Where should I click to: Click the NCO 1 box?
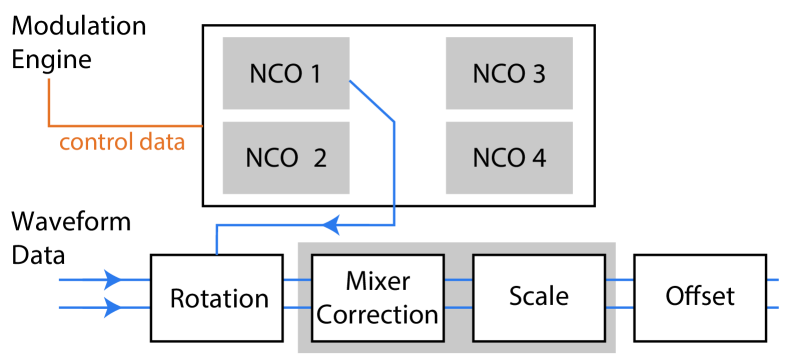pyautogui.click(x=285, y=73)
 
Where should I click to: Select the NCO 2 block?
pyautogui.click(x=285, y=158)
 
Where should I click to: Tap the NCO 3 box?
pyautogui.click(x=508, y=73)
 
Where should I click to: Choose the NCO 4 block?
pyautogui.click(x=508, y=158)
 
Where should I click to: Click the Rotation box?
pyautogui.click(x=218, y=298)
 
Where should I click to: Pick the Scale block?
pyautogui.click(x=538, y=296)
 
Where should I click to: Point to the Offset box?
pyautogui.click(x=699, y=296)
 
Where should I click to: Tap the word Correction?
pyautogui.click(x=377, y=314)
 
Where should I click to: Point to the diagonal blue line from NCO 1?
pyautogui.click(x=372, y=102)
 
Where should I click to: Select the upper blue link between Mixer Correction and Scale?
pyautogui.click(x=456, y=280)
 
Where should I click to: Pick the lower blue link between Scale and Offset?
pyautogui.click(x=620, y=307)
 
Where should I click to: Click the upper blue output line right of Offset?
pyautogui.click(x=772, y=280)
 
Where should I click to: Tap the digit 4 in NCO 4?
pyautogui.click(x=539, y=158)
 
